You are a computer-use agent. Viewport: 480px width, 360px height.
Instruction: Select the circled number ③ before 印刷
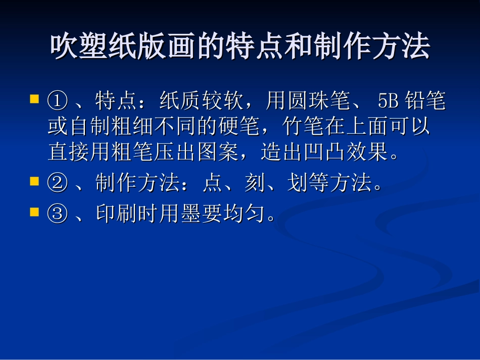[x=58, y=215]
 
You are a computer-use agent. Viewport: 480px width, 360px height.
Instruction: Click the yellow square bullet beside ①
[x=34, y=98]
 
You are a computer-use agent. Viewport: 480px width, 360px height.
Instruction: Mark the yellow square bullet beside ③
[x=34, y=212]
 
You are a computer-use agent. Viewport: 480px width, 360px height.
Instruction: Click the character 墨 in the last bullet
[x=191, y=215]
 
